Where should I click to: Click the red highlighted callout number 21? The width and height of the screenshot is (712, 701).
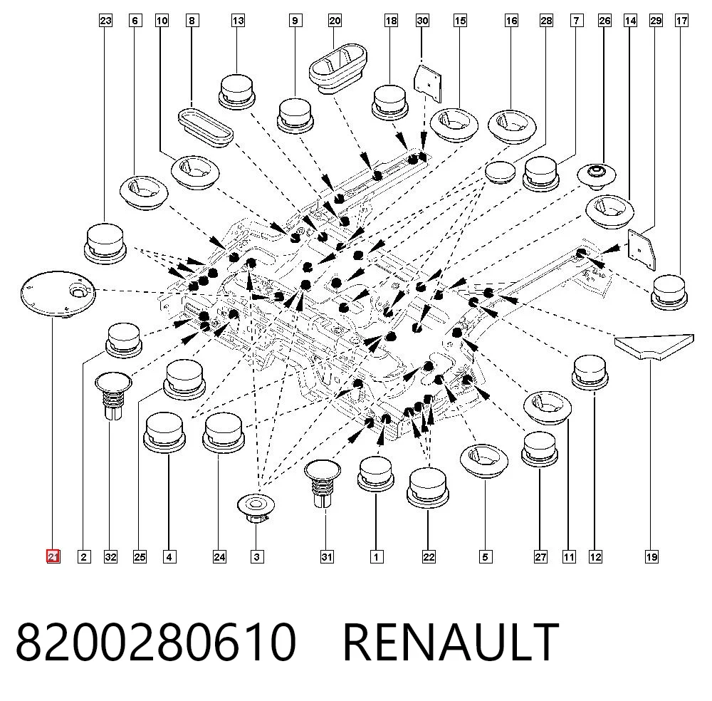[x=53, y=556]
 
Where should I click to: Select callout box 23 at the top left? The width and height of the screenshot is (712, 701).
[x=105, y=21]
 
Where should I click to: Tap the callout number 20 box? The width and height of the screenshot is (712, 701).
[x=335, y=21]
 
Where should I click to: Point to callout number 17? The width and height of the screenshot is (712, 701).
[x=681, y=21]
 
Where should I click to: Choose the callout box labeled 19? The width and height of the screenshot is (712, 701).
[x=651, y=556]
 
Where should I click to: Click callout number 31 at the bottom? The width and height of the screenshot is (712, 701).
[x=327, y=556]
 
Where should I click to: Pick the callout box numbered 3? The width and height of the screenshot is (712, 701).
[x=256, y=556]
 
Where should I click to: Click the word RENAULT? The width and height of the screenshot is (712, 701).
[x=451, y=643]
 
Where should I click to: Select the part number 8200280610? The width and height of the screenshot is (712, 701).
[x=156, y=643]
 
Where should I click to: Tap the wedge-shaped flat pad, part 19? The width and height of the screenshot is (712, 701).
[x=654, y=346]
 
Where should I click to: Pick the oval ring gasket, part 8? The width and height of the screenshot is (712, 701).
[x=205, y=127]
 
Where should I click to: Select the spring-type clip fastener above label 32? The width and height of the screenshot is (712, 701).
[x=112, y=395]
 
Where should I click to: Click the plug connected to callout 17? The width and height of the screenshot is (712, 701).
[x=669, y=291]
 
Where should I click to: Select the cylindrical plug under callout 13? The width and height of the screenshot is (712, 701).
[x=236, y=91]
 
